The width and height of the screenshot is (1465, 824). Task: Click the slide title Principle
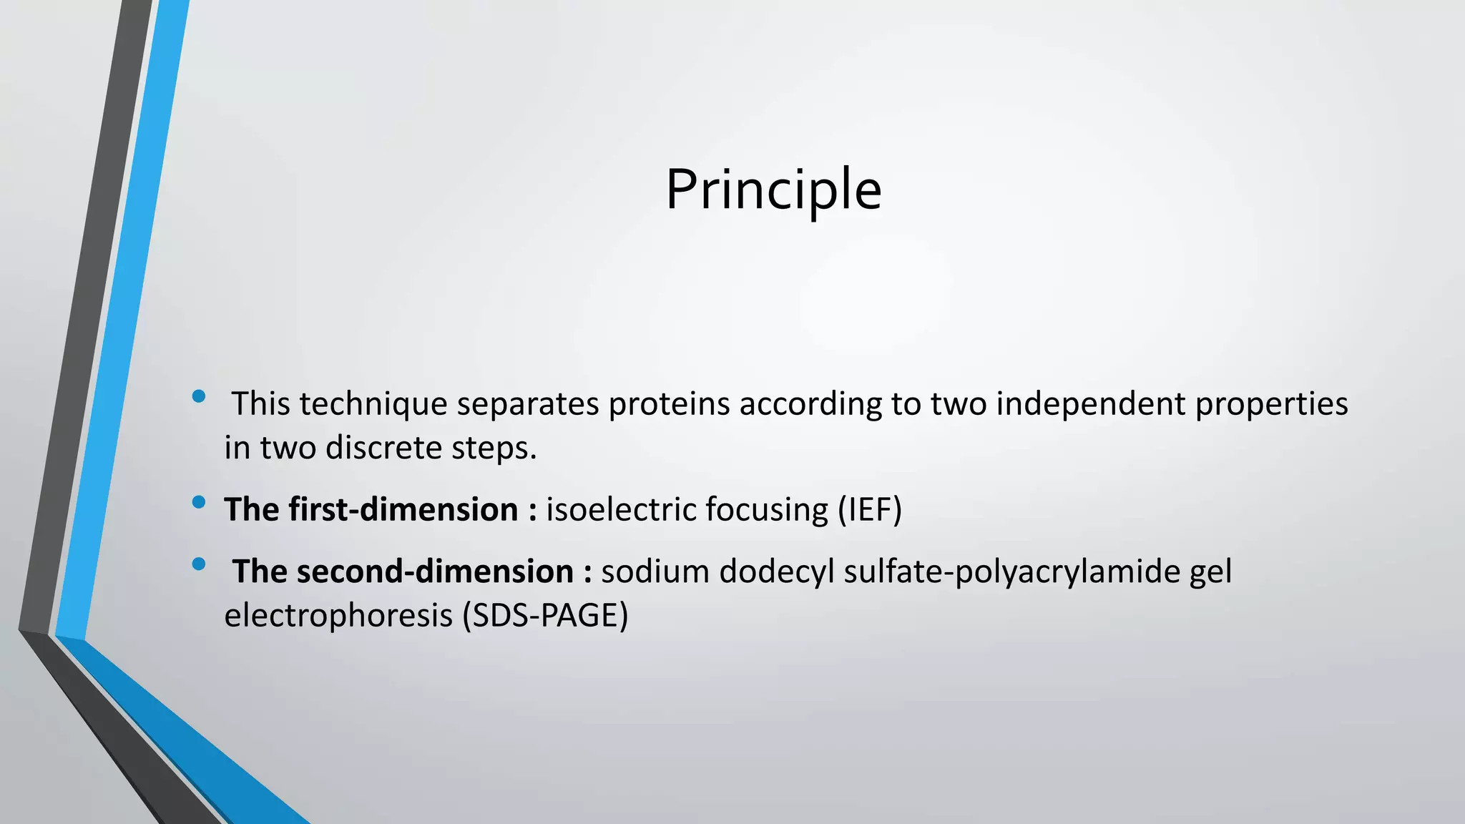773,190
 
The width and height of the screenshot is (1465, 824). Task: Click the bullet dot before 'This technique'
199,396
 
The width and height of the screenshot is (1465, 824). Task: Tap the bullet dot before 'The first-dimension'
199,502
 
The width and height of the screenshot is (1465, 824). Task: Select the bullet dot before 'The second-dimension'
199,564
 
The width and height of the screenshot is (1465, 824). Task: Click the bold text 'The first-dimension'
371,510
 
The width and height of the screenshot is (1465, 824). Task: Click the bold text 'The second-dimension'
403,572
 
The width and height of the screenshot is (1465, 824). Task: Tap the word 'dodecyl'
777,572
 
